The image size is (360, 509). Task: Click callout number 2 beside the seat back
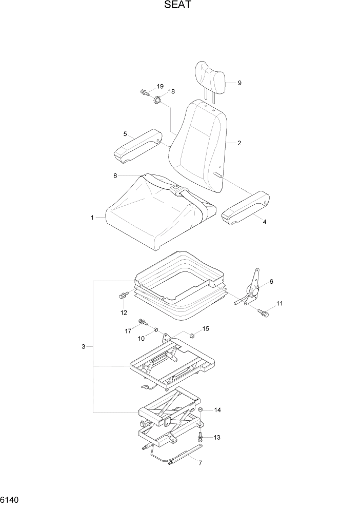tap(239, 143)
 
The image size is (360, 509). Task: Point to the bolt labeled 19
tap(144, 93)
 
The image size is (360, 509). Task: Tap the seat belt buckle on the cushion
tap(176, 190)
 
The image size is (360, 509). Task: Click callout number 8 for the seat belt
tap(115, 175)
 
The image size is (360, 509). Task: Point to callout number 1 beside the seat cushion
tap(92, 218)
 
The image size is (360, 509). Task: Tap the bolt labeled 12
tap(124, 296)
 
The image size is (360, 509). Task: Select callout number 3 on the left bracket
tap(83, 347)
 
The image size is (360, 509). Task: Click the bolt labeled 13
tap(201, 437)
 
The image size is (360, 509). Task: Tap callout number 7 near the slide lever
tap(200, 463)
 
